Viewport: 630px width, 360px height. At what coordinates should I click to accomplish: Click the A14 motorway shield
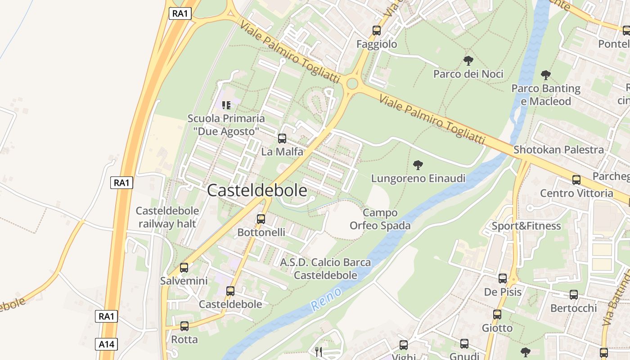pos(107,345)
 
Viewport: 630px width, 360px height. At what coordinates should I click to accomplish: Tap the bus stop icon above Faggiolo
pos(377,31)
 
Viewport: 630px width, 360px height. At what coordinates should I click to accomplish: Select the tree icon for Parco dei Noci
pos(468,60)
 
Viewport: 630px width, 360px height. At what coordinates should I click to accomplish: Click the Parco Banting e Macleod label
pos(545,94)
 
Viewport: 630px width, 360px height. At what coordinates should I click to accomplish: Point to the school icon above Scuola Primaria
pos(226,105)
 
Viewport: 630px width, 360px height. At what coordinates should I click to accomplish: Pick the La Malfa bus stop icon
pos(282,139)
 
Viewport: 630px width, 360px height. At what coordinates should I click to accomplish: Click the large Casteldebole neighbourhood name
pos(257,191)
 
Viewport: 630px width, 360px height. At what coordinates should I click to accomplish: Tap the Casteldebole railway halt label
pos(167,217)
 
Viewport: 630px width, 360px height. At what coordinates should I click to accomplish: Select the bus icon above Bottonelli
pos(261,219)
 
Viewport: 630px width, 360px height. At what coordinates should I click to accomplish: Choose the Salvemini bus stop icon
pos(184,268)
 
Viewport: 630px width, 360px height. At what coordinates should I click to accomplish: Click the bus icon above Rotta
pos(184,326)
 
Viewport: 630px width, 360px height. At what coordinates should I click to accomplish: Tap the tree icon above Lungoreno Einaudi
pos(418,165)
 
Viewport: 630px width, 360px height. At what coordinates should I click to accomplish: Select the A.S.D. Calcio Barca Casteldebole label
pos(325,269)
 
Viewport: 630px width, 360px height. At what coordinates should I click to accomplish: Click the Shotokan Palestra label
pos(558,150)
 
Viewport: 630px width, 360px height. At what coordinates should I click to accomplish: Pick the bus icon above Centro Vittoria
pos(576,180)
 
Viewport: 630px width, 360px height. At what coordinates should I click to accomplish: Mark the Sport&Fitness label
pos(526,226)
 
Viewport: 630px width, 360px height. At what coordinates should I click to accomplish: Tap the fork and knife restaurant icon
pos(319,351)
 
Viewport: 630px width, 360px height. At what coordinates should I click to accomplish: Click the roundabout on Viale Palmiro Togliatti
pos(352,84)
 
